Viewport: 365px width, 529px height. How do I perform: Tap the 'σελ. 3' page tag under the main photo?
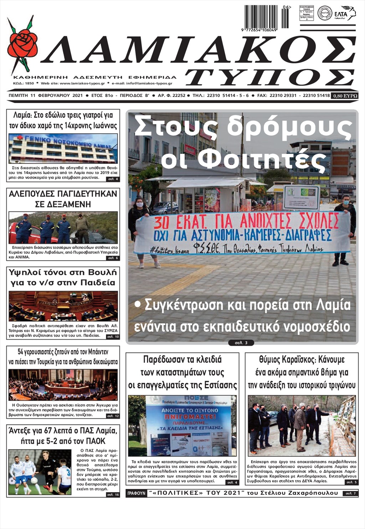coord(241,343)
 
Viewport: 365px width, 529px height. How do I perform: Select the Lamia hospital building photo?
coord(63,148)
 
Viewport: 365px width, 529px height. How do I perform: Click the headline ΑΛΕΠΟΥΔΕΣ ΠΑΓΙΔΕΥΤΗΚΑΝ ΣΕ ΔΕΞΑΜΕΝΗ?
coord(63,199)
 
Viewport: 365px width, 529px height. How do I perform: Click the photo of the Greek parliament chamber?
coord(63,306)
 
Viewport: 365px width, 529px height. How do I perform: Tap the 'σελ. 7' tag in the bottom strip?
coord(349,494)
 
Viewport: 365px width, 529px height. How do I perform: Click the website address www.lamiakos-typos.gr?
coord(82,83)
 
